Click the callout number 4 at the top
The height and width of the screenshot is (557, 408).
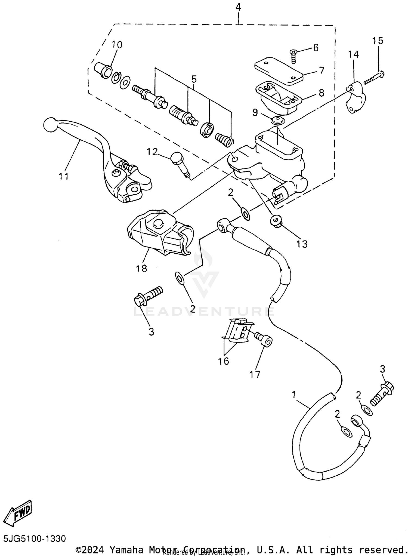tap(238, 7)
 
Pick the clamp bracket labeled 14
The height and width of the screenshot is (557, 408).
tap(355, 98)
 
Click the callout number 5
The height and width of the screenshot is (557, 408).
tap(194, 79)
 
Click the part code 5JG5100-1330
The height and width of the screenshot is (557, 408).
tap(35, 538)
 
